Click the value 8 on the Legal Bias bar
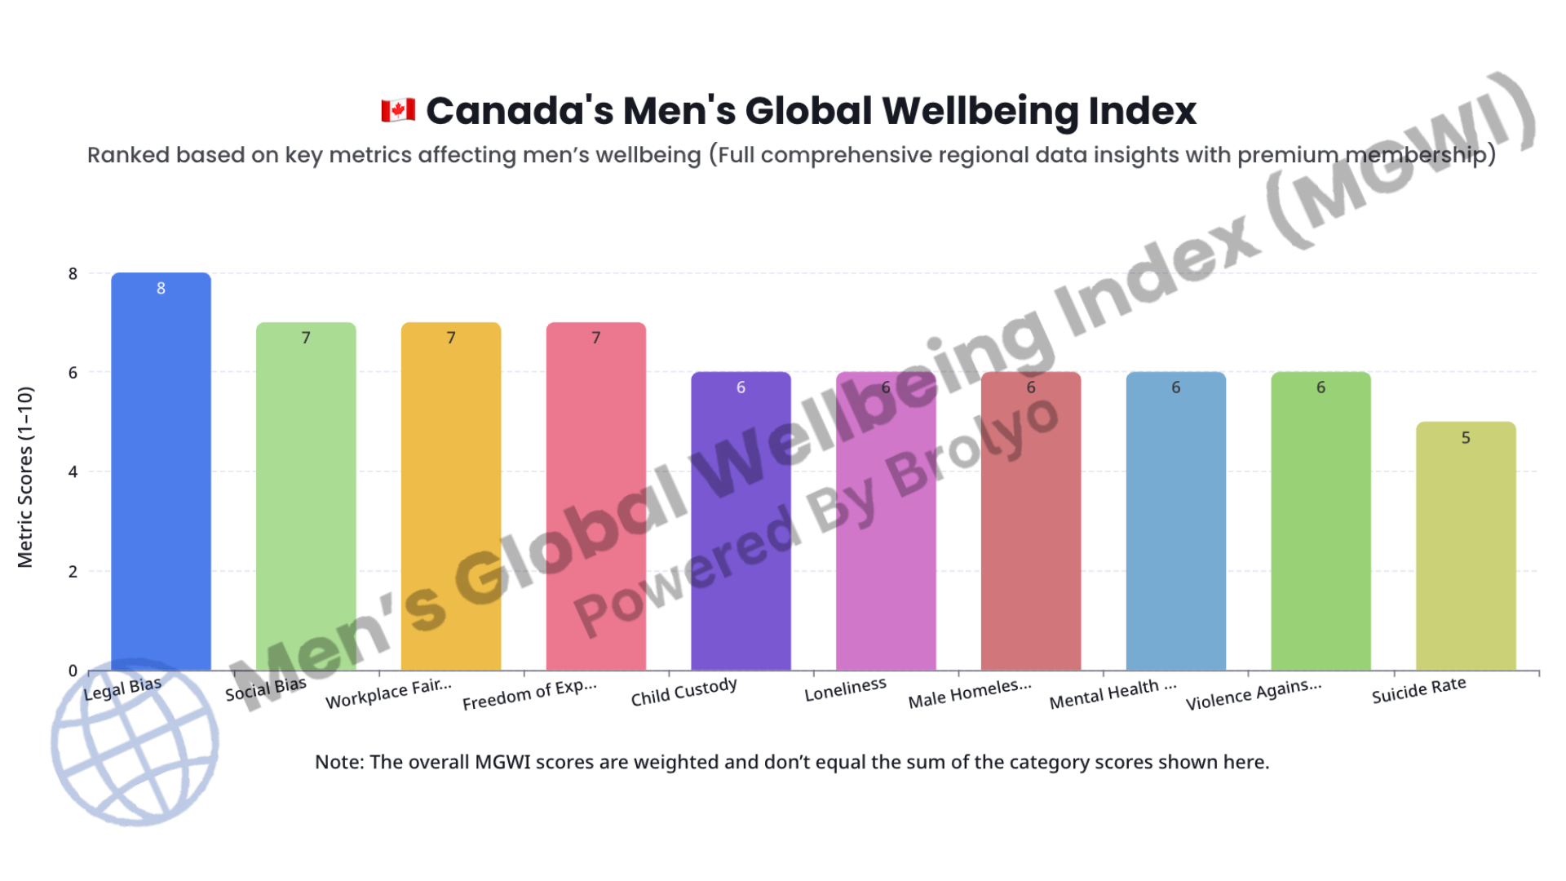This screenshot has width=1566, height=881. pyautogui.click(x=161, y=288)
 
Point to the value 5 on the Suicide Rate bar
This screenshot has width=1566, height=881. pyautogui.click(x=1466, y=438)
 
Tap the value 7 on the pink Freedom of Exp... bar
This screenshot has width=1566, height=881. pyautogui.click(x=596, y=338)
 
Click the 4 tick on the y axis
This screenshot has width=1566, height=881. pyautogui.click(x=73, y=471)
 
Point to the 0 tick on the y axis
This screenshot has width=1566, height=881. pyautogui.click(x=73, y=671)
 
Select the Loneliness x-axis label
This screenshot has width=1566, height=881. pyautogui.click(x=845, y=689)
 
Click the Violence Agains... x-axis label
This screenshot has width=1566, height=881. pyautogui.click(x=1253, y=694)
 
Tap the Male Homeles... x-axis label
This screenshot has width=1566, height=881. pyautogui.click(x=969, y=694)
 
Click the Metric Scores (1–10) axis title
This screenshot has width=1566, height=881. pyautogui.click(x=25, y=477)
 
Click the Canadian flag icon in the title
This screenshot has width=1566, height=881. pyautogui.click(x=398, y=110)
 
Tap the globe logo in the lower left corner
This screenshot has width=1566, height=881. pyautogui.click(x=135, y=742)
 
